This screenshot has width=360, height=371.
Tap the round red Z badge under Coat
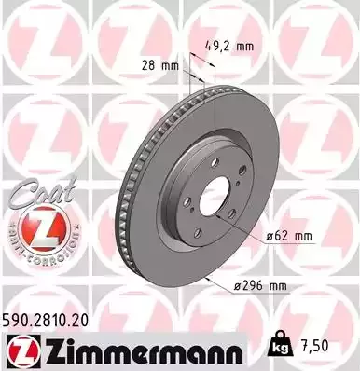(35, 229)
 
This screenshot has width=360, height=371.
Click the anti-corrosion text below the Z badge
(35, 255)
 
